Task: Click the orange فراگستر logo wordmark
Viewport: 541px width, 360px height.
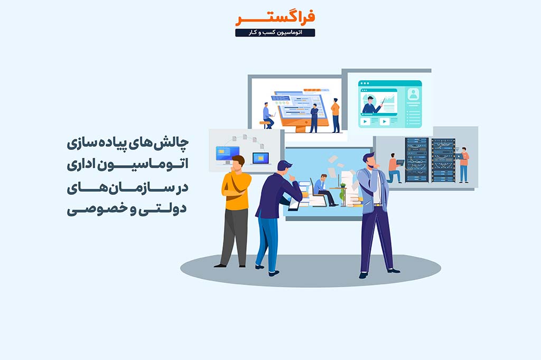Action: tap(275, 18)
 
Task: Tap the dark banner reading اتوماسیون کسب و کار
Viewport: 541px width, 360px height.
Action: tap(275, 33)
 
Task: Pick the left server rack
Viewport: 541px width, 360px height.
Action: tap(417, 160)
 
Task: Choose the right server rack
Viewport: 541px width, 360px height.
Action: tap(443, 160)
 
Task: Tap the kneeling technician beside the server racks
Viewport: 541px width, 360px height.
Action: tap(394, 168)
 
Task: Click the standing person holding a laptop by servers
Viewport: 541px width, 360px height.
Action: tap(463, 165)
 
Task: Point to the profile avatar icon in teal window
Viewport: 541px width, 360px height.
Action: tap(413, 94)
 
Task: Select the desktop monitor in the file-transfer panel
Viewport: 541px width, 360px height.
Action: tap(227, 155)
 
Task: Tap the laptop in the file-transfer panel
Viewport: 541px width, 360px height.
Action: tap(260, 158)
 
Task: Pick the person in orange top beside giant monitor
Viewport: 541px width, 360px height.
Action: tap(335, 116)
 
